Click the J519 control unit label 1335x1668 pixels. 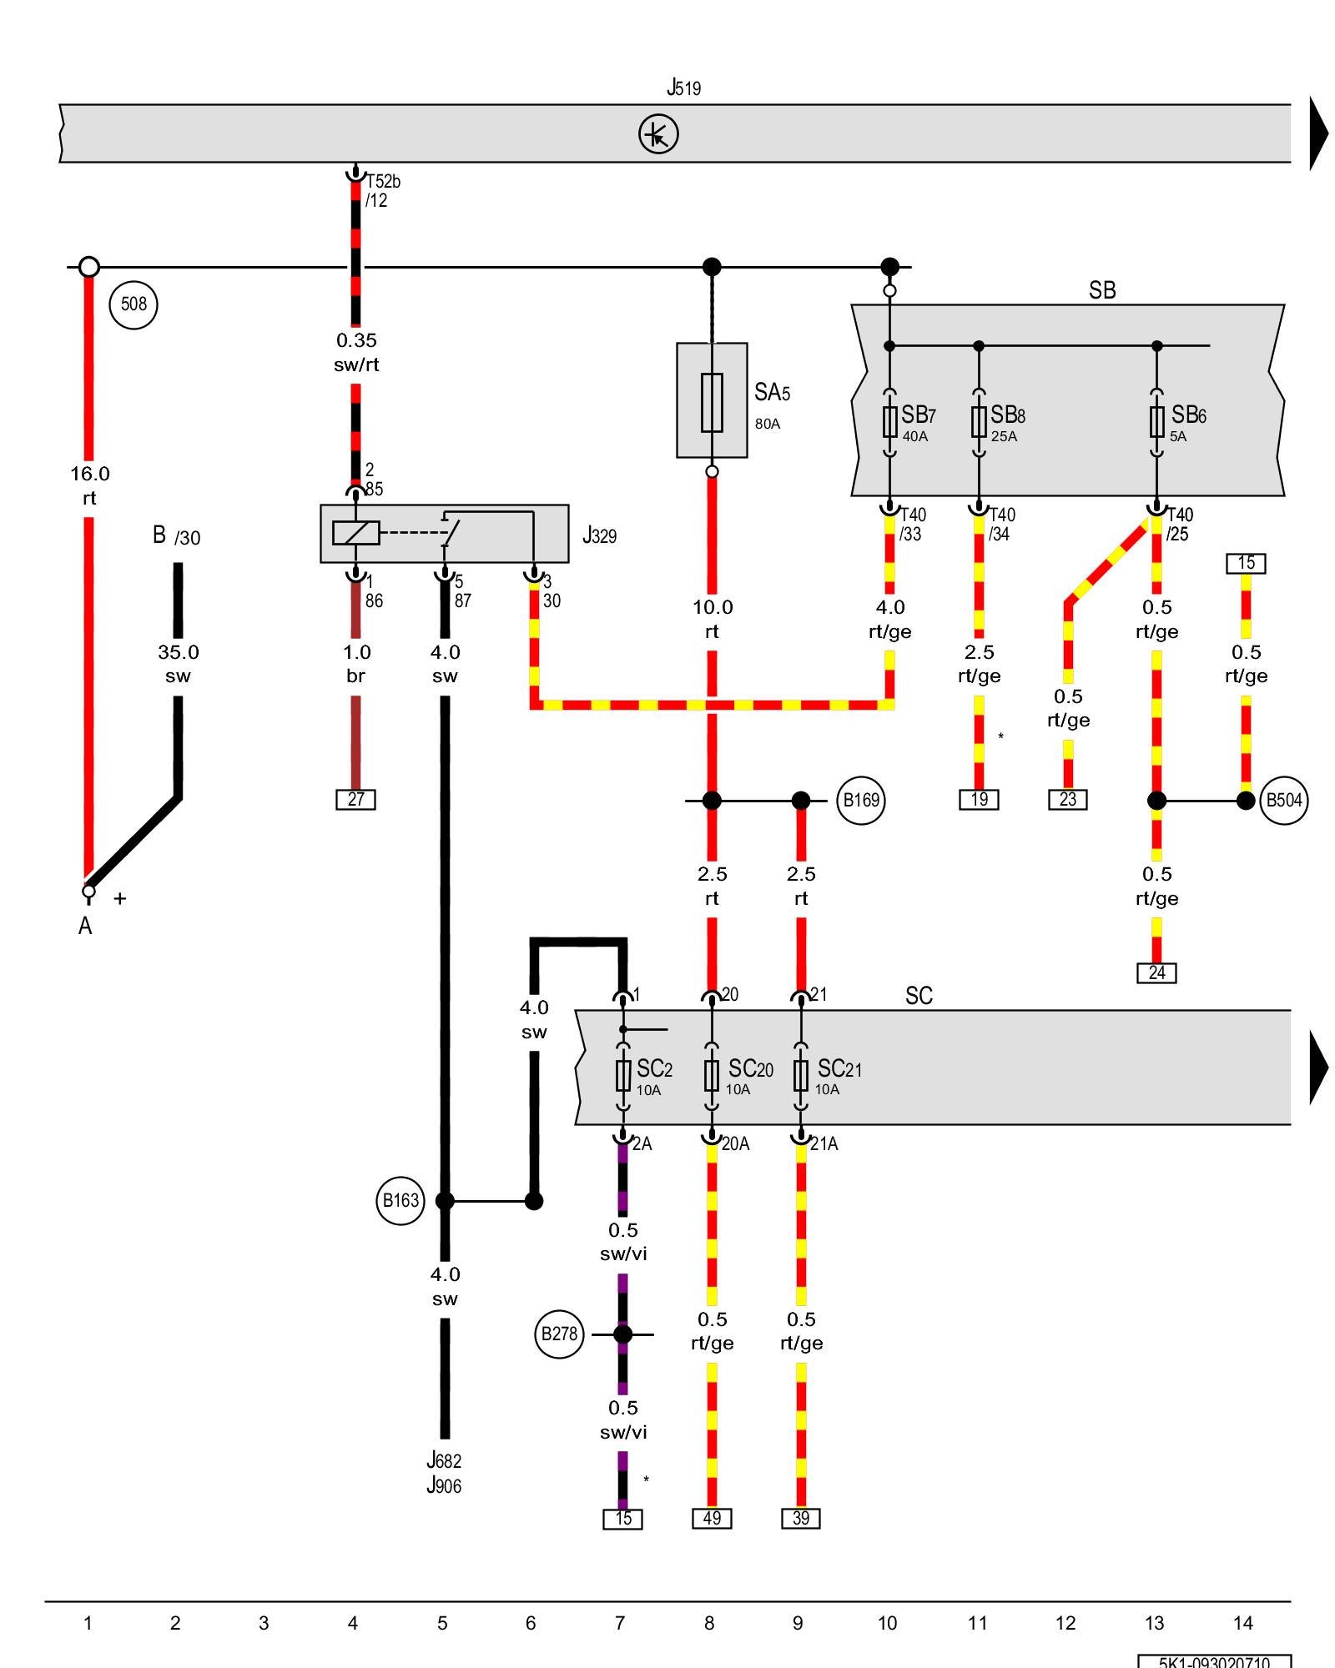click(x=683, y=87)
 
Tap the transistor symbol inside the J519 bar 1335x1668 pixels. click(x=658, y=134)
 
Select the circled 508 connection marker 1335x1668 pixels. click(x=133, y=304)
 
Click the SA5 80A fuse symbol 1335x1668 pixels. click(x=712, y=402)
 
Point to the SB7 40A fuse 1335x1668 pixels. click(x=890, y=421)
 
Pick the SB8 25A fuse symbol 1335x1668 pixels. click(x=979, y=421)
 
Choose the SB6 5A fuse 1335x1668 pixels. click(x=1156, y=421)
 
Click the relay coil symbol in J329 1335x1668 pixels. click(x=356, y=533)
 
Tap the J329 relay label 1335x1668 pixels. click(x=599, y=535)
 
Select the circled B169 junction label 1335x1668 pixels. click(x=860, y=801)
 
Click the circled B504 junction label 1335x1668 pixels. click(x=1283, y=801)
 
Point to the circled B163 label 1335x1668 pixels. click(x=400, y=1201)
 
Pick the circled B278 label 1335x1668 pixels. click(x=559, y=1334)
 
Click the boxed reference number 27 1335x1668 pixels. click(x=356, y=800)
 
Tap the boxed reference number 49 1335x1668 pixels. click(x=712, y=1519)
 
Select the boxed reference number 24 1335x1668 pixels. click(x=1156, y=973)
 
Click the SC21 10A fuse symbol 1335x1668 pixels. click(x=801, y=1076)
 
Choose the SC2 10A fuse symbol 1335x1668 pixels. click(x=623, y=1076)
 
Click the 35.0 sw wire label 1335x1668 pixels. click(x=178, y=664)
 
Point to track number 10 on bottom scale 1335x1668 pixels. click(x=887, y=1623)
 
